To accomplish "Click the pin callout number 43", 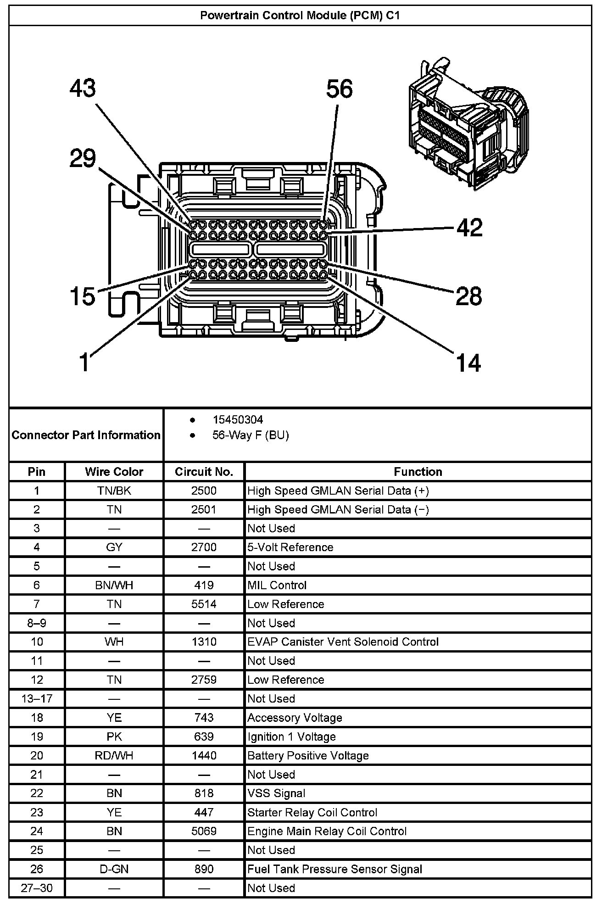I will click(x=83, y=88).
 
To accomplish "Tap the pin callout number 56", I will click(x=340, y=89).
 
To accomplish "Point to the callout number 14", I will click(x=468, y=363).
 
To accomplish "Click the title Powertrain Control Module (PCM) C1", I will click(x=300, y=16).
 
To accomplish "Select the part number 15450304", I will click(x=238, y=419).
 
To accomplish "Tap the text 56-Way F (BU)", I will click(x=251, y=435).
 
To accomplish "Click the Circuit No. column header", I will click(x=204, y=472).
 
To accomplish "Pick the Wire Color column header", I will click(x=114, y=472).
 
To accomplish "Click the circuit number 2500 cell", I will click(x=204, y=491).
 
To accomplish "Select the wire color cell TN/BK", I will click(x=114, y=491).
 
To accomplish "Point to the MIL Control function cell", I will click(x=277, y=585).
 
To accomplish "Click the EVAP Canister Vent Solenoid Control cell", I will click(x=343, y=642).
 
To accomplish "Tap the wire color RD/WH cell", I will click(x=114, y=755).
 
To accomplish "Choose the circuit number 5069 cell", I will click(x=204, y=831).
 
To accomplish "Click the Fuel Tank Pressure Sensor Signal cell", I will click(x=335, y=869).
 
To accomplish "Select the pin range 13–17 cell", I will click(x=37, y=698).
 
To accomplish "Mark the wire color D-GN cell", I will click(x=114, y=869).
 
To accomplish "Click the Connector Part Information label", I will click(x=86, y=435).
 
